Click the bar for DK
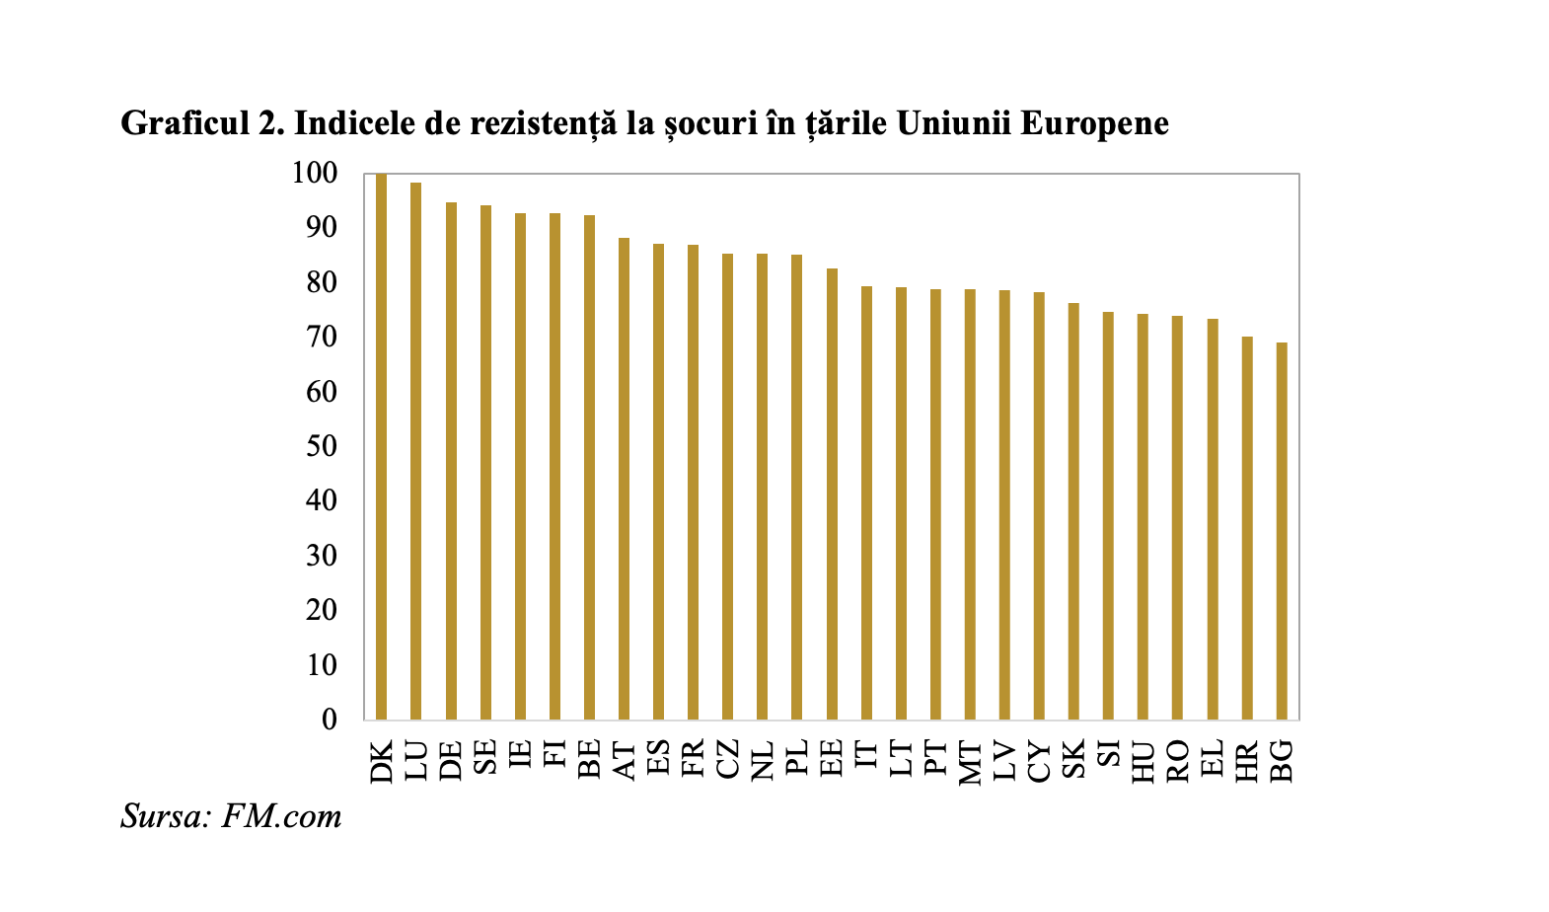tap(382, 446)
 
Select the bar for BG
tap(1282, 531)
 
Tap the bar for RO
tap(1177, 517)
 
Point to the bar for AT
tap(624, 479)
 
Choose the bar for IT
tap(866, 502)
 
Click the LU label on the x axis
tap(416, 760)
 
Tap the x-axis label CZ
tap(727, 760)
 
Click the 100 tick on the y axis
tap(315, 174)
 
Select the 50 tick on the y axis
tap(322, 446)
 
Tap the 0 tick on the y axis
tap(329, 720)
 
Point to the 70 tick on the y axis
tap(322, 338)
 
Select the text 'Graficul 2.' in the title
tap(202, 123)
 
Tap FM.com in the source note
tap(282, 816)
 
